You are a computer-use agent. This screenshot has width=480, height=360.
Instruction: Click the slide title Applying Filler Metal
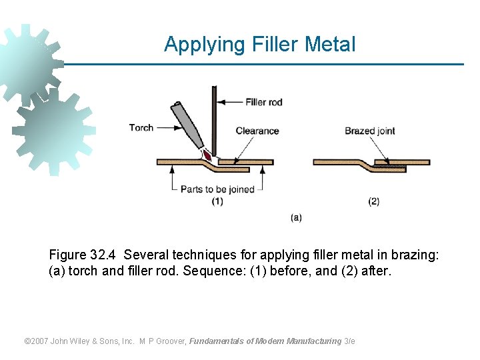click(x=259, y=45)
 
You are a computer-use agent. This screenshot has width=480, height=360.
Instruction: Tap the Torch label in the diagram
click(x=141, y=127)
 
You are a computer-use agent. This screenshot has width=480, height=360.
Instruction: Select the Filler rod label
click(x=264, y=102)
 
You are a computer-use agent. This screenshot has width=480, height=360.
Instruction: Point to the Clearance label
click(x=257, y=131)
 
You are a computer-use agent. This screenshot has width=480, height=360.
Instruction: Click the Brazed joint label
click(x=370, y=131)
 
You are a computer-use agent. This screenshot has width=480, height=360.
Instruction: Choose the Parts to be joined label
click(x=218, y=189)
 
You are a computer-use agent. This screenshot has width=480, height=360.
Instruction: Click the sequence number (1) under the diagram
click(x=217, y=201)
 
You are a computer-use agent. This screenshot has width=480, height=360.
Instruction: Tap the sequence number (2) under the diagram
click(x=373, y=201)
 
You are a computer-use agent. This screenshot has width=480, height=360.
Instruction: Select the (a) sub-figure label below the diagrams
click(x=296, y=217)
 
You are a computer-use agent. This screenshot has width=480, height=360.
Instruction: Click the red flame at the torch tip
click(x=207, y=155)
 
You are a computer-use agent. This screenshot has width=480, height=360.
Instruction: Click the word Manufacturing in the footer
click(x=313, y=341)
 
